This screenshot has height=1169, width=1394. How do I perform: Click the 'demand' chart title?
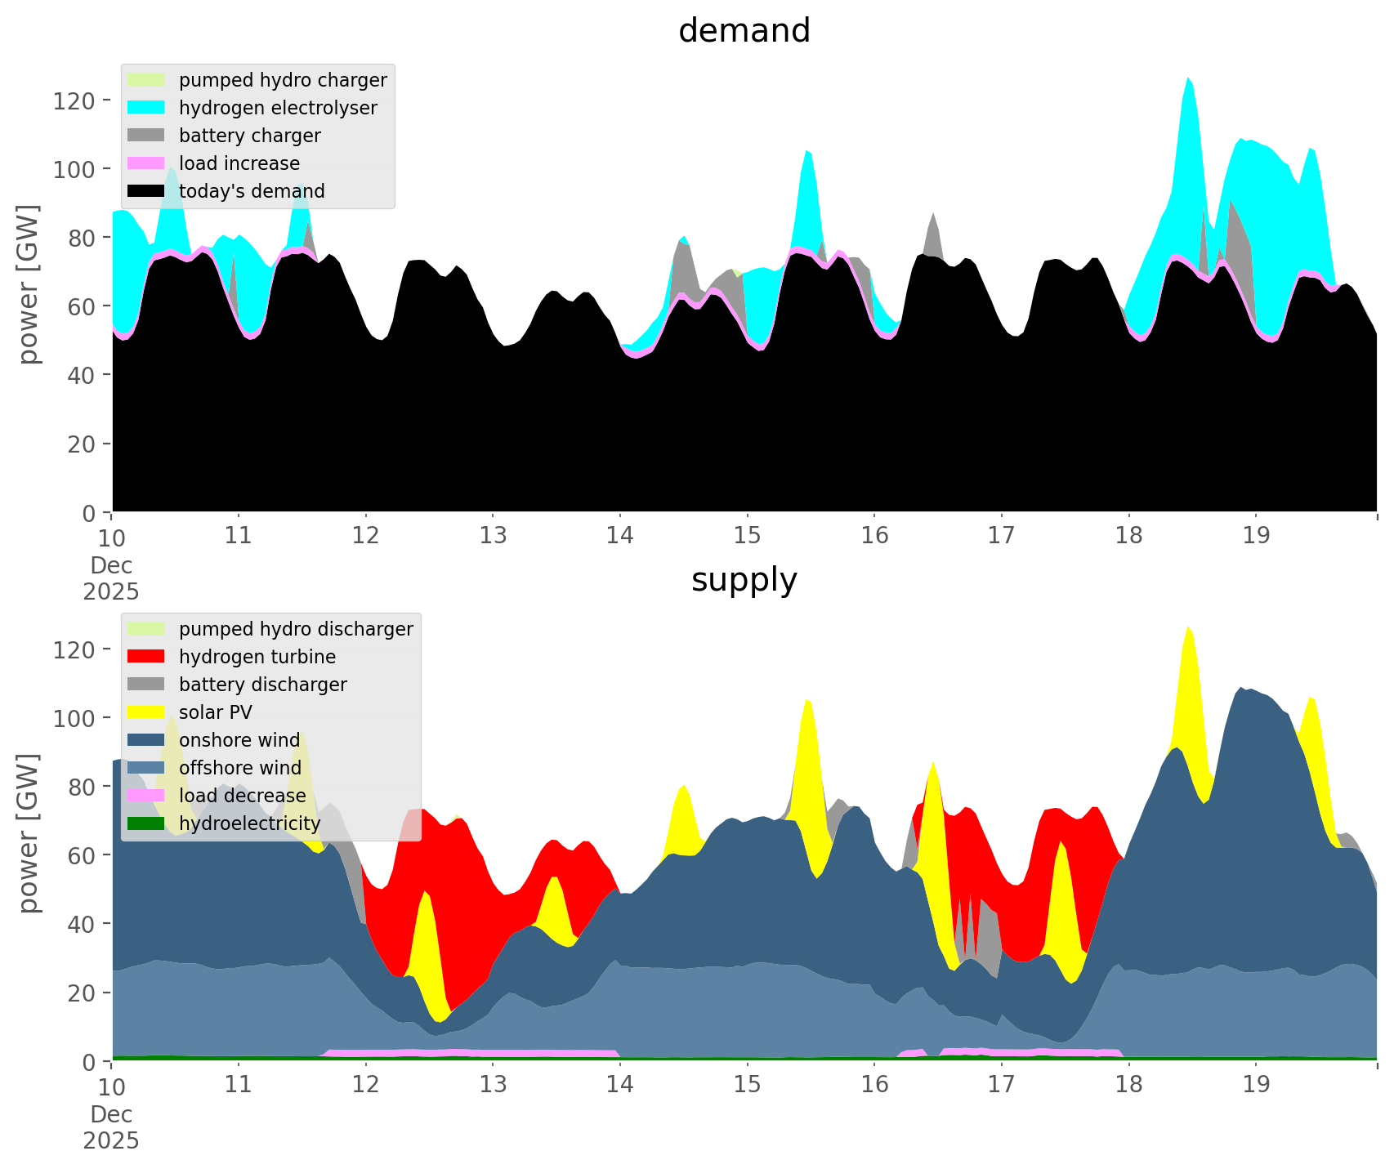(744, 31)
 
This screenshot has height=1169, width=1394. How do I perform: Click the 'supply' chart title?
(744, 580)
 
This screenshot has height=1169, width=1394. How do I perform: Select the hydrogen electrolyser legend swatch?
(147, 108)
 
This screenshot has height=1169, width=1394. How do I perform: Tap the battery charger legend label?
(249, 136)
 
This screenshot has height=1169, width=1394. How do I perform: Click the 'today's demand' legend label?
(252, 191)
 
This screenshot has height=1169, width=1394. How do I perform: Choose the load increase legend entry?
(239, 163)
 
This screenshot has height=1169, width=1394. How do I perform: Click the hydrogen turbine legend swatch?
(147, 657)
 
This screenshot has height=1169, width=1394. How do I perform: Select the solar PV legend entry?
(216, 712)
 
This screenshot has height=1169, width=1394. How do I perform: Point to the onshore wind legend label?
(239, 740)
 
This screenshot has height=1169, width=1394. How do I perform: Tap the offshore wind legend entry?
(240, 768)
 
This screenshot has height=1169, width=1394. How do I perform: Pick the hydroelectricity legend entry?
(249, 823)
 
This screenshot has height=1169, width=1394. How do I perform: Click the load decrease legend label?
(242, 796)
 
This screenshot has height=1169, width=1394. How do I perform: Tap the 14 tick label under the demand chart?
(620, 536)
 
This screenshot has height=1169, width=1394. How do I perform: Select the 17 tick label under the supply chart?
(1001, 1085)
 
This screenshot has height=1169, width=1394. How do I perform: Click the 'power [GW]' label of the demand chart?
(28, 284)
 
